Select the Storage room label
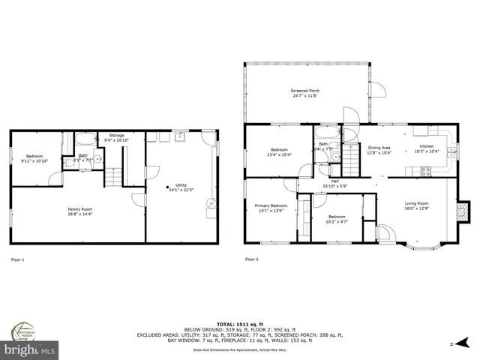(x=116, y=136)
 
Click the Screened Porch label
(x=305, y=91)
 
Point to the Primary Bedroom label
(x=271, y=205)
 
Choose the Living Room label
(x=416, y=203)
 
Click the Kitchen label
(x=426, y=146)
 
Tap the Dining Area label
(x=379, y=148)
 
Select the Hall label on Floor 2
(x=335, y=181)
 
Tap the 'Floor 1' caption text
(x=17, y=259)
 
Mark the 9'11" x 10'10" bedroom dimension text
(x=35, y=160)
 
